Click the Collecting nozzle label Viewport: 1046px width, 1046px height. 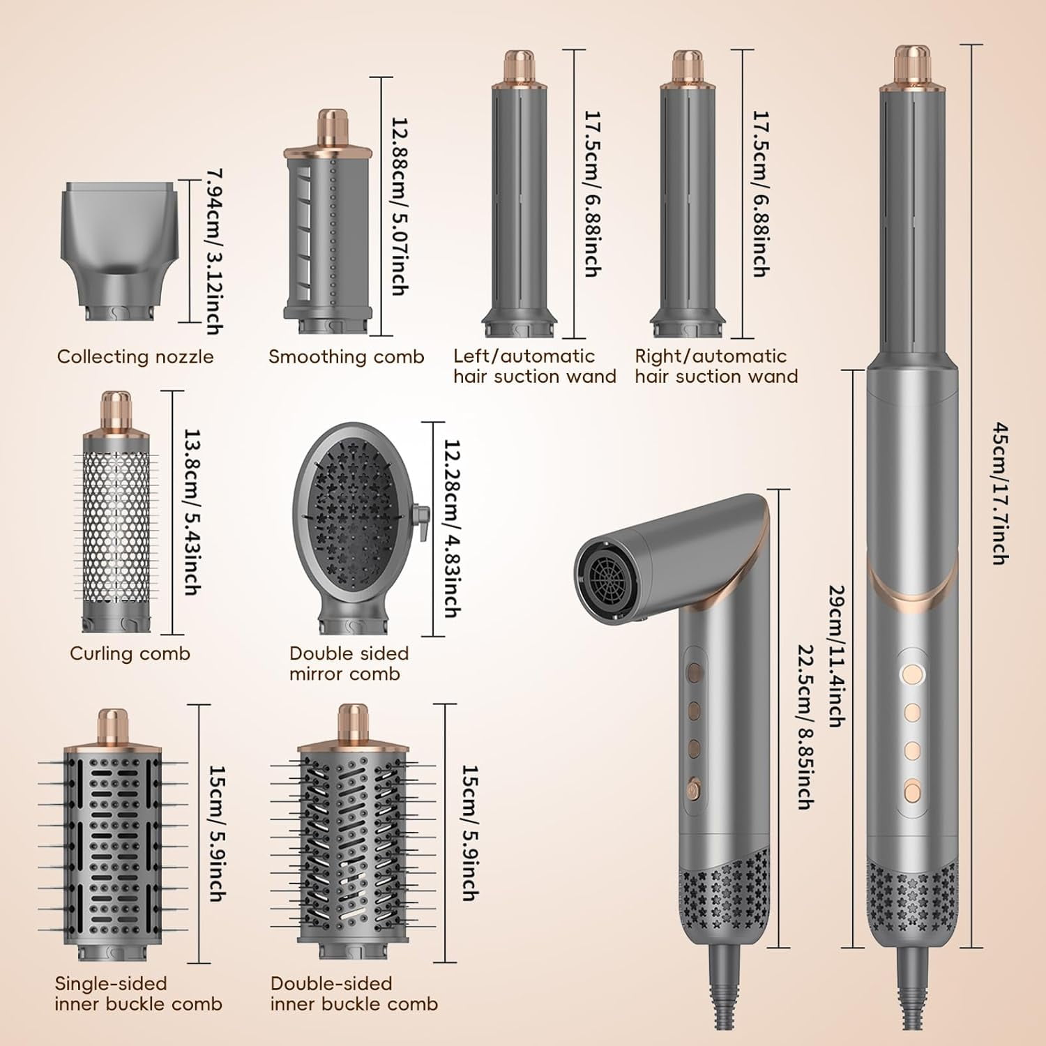135,357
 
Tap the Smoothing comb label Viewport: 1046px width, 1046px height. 346,357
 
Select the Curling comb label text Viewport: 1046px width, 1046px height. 130,653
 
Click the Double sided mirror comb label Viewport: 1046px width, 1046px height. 349,663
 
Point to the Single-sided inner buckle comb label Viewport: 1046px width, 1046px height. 138,994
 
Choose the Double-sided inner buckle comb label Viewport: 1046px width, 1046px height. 354,994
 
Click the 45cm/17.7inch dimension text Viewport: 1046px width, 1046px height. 999,493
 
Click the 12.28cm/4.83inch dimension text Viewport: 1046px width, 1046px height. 451,529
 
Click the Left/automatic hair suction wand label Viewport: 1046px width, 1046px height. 534,366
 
